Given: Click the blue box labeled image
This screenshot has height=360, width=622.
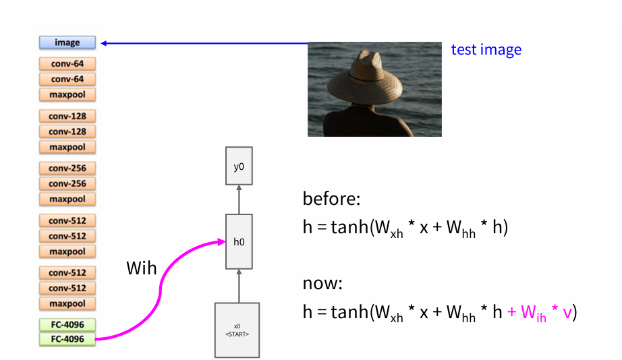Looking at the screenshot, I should point(67,42).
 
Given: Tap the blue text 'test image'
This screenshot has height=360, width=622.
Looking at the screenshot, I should point(486,49).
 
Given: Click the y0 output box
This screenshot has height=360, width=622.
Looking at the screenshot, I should point(239,166).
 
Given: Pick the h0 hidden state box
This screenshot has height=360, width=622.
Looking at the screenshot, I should point(239,241).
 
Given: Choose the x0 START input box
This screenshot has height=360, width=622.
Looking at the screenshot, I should point(237,330).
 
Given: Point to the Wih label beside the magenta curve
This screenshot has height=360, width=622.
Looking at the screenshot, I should point(142,268).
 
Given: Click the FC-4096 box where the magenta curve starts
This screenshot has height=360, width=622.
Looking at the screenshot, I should point(67,339).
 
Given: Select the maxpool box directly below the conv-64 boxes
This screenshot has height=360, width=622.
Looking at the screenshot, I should point(67,94).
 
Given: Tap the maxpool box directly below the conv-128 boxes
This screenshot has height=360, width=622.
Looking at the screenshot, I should point(67,146).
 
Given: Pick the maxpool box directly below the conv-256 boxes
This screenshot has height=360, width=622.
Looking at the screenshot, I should point(67,199).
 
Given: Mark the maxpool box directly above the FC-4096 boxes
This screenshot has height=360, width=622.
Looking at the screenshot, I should point(67,303).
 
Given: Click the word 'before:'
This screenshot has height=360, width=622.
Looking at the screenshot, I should point(332,200).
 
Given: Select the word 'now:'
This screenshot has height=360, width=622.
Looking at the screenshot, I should point(323,284).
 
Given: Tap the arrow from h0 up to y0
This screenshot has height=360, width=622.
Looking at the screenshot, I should point(239,200).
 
